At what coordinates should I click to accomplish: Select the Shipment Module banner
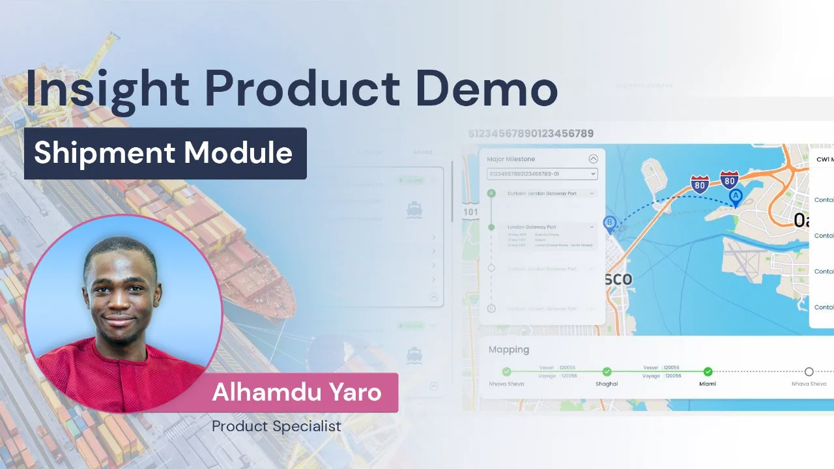coord(165,153)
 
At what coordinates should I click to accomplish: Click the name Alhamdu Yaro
coord(296,393)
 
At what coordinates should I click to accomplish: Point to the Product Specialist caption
coord(276,427)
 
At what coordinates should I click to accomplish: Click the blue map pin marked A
coord(736,197)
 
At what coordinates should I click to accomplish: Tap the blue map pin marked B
coord(610,223)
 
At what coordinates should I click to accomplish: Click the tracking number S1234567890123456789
coord(530,134)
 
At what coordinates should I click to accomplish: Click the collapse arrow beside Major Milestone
coord(593,159)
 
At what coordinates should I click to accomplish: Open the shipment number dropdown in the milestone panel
coord(542,174)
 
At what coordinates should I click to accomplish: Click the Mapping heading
coord(509,350)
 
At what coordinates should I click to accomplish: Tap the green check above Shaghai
coord(607,372)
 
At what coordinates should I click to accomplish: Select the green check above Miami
coord(708,372)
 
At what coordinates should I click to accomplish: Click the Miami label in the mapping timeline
coord(708,384)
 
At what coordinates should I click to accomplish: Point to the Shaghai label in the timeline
coord(607,384)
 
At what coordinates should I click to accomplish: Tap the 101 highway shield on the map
coord(470,212)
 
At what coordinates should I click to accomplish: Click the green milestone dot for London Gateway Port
coord(491,227)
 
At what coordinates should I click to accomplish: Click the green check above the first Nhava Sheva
coord(507,372)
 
